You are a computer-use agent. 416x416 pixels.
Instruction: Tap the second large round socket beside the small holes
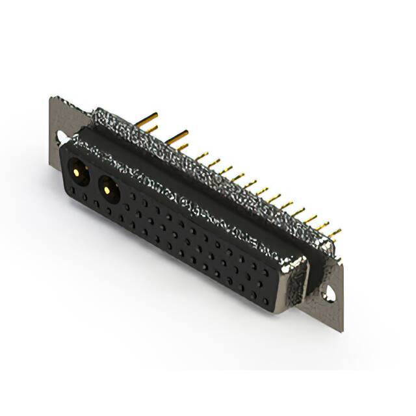click(x=108, y=188)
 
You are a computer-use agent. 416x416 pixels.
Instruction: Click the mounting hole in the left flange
click(x=61, y=137)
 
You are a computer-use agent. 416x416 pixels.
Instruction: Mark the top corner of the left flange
click(x=52, y=99)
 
